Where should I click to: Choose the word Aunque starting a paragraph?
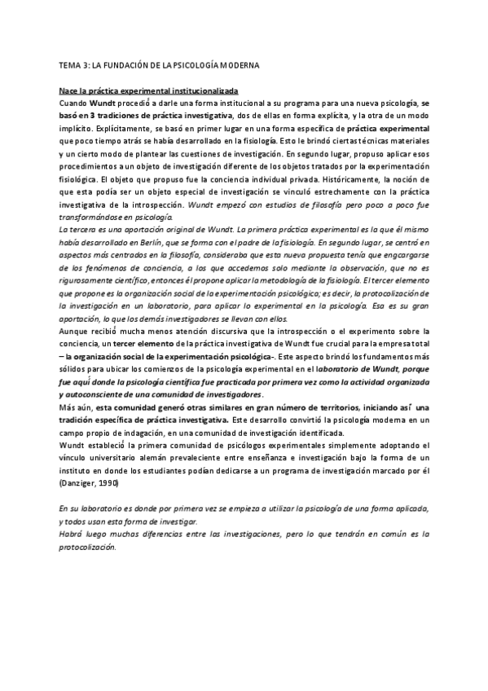76,331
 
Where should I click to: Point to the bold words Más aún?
76,407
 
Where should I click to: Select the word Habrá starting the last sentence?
73,534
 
